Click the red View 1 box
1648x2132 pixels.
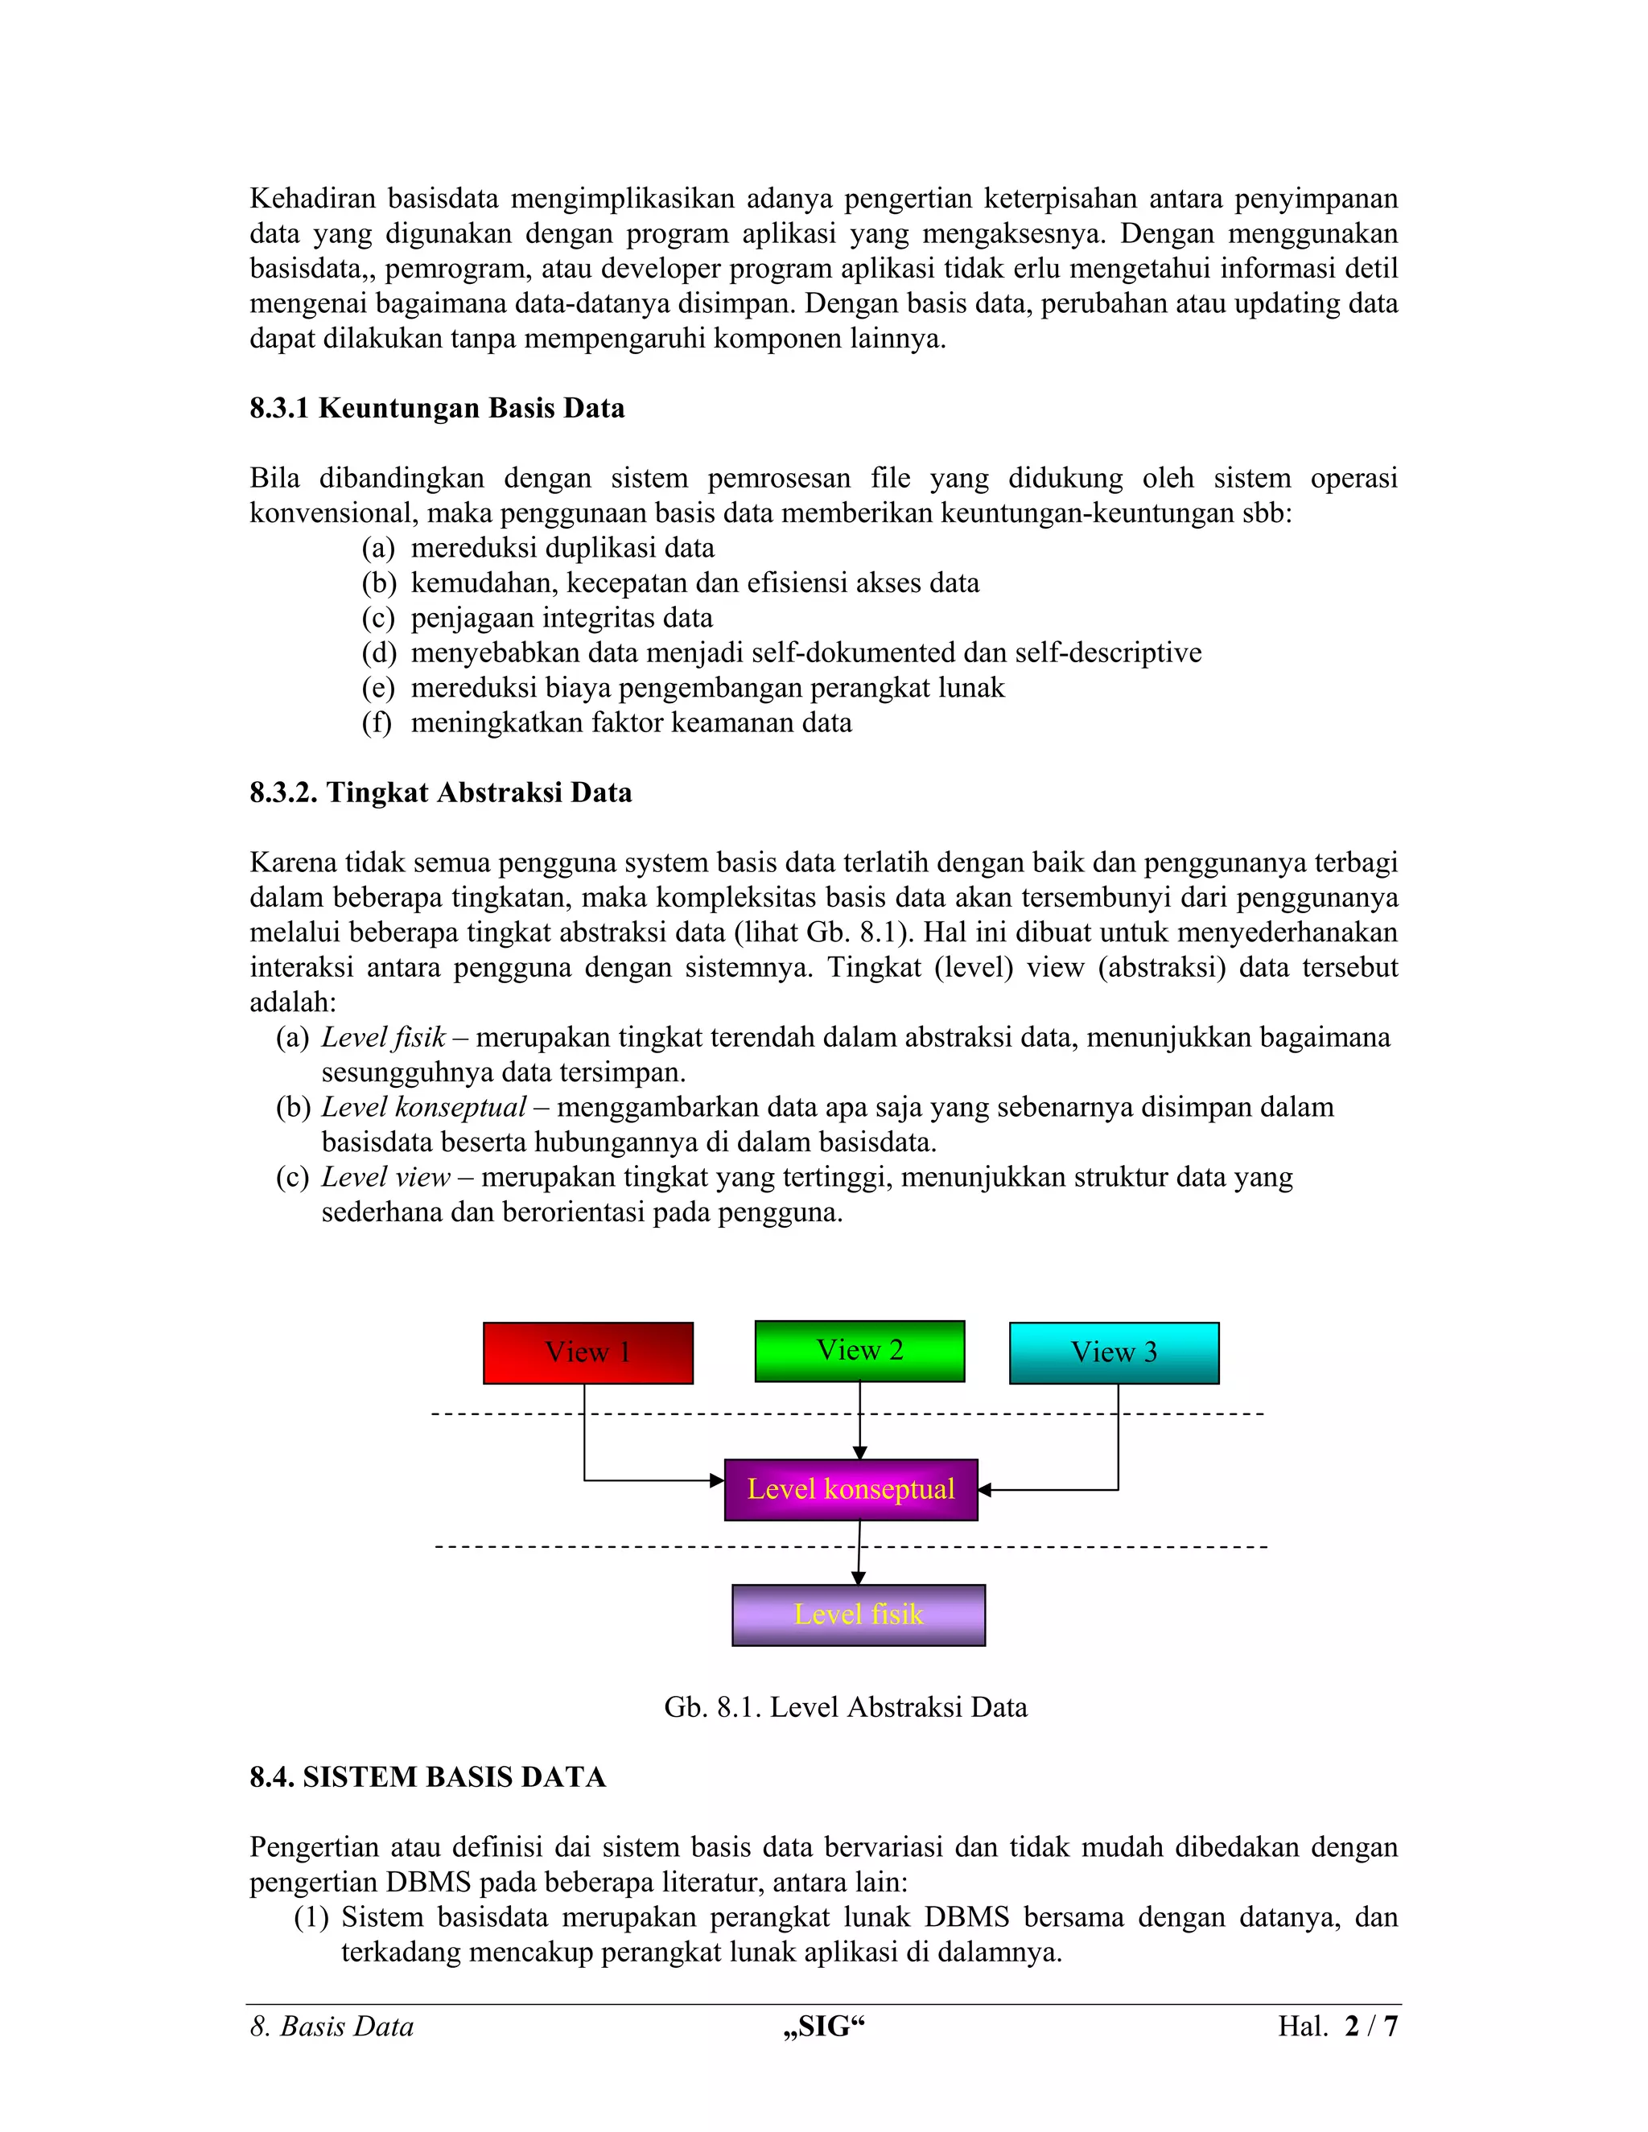point(587,1353)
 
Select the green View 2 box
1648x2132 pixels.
point(859,1351)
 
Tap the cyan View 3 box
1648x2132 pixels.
point(1114,1353)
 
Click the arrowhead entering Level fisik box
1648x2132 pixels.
point(858,1578)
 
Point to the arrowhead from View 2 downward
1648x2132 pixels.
point(859,1452)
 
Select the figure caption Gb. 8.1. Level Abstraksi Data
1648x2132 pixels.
point(846,1706)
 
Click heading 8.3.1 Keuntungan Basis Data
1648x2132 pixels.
point(436,408)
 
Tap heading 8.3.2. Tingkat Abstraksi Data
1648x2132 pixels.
point(440,792)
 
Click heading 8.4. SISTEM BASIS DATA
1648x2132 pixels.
point(427,1776)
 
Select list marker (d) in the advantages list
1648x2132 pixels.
point(379,652)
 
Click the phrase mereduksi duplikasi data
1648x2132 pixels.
point(562,548)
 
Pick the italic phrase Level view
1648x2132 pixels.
point(385,1177)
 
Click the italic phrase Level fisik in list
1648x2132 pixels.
point(383,1037)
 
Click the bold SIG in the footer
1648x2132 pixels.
point(824,2027)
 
